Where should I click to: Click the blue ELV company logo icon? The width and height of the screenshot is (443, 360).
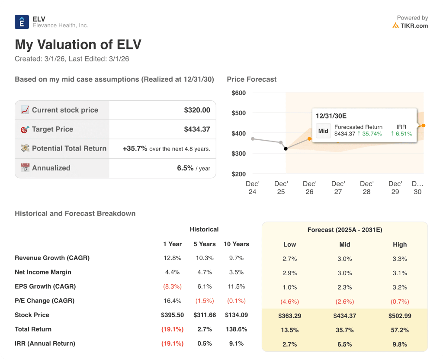(x=22, y=22)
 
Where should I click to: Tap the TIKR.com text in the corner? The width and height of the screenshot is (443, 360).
(x=414, y=26)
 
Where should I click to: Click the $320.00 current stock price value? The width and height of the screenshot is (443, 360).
(x=197, y=110)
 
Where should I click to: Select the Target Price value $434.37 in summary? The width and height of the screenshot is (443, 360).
(x=197, y=129)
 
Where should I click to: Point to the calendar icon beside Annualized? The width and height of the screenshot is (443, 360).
(x=25, y=168)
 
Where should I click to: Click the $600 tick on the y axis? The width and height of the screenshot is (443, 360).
(x=238, y=93)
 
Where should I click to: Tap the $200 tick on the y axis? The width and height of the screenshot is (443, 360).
(x=238, y=174)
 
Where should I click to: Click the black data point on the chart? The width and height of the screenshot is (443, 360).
(x=286, y=149)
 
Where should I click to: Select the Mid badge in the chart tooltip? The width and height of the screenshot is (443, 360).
(x=323, y=131)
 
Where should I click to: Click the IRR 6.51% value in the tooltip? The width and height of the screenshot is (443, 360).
(x=401, y=134)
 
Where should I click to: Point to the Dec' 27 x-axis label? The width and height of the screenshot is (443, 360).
(x=338, y=187)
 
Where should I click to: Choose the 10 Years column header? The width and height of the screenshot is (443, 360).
(x=236, y=244)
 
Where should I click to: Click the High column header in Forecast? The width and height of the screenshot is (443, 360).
(x=400, y=244)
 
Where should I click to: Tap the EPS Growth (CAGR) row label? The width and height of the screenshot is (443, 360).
(x=45, y=286)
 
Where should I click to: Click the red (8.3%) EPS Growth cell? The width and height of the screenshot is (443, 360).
(x=172, y=286)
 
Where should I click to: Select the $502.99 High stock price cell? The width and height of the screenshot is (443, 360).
(x=400, y=316)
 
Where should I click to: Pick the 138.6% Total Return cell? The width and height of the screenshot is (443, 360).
(x=236, y=329)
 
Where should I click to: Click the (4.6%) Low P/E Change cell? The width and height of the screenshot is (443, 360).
(x=289, y=302)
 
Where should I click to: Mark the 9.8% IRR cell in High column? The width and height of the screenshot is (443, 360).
(x=400, y=344)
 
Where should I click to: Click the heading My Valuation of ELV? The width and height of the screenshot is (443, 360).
(x=78, y=45)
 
